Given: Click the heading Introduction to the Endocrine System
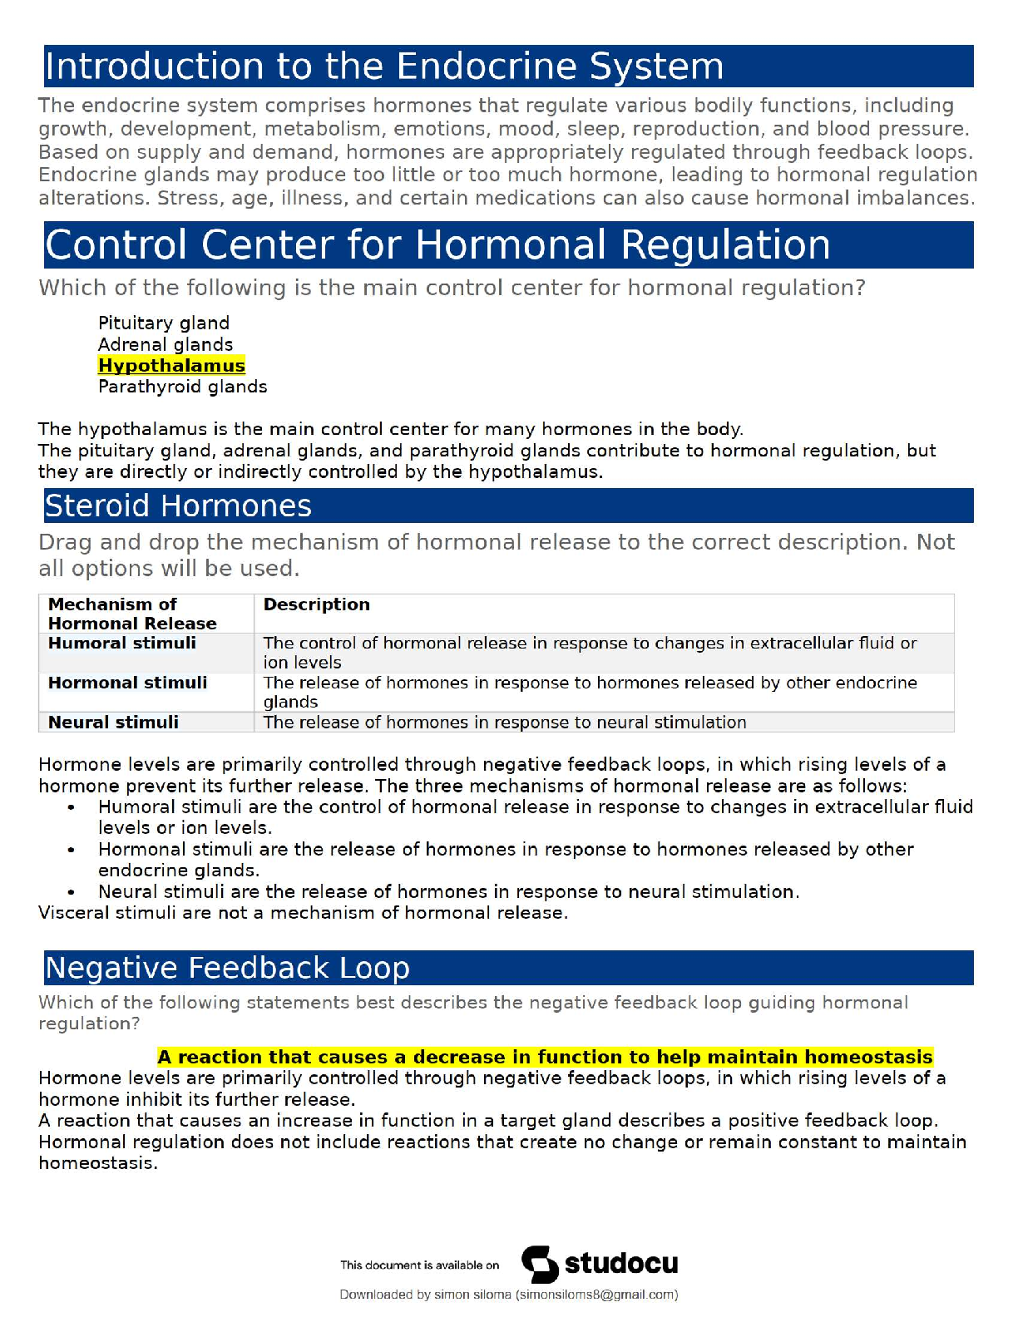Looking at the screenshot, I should pyautogui.click(x=383, y=67).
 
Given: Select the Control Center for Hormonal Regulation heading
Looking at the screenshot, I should pyautogui.click(x=437, y=245).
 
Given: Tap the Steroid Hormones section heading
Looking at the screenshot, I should pyautogui.click(x=178, y=506).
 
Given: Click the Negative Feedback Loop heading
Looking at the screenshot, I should pyautogui.click(x=227, y=968).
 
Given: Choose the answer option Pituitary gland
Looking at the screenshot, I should pyautogui.click(x=163, y=323).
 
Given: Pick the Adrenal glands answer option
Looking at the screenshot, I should pyautogui.click(x=165, y=344).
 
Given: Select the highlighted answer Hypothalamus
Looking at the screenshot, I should pyautogui.click(x=171, y=366).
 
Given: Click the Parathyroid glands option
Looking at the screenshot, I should pyautogui.click(x=182, y=387).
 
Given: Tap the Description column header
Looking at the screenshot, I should pyautogui.click(x=316, y=604).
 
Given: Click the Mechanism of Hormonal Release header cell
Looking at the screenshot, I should pyautogui.click(x=131, y=614).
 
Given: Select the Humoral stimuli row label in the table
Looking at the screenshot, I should pyautogui.click(x=121, y=643).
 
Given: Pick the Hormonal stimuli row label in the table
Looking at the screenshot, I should pyautogui.click(x=127, y=683).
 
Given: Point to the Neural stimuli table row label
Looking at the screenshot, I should pyautogui.click(x=113, y=723).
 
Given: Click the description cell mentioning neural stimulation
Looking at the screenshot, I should pyautogui.click(x=504, y=723).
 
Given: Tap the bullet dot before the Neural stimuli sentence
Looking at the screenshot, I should pyautogui.click(x=72, y=892).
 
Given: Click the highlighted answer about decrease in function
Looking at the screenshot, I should pyautogui.click(x=545, y=1057).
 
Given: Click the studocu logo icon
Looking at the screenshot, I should pyautogui.click(x=540, y=1265).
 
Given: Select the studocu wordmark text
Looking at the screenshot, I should pyautogui.click(x=620, y=1264).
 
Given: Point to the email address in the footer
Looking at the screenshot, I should pyautogui.click(x=596, y=1295).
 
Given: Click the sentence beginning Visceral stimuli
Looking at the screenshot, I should pyautogui.click(x=303, y=913).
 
